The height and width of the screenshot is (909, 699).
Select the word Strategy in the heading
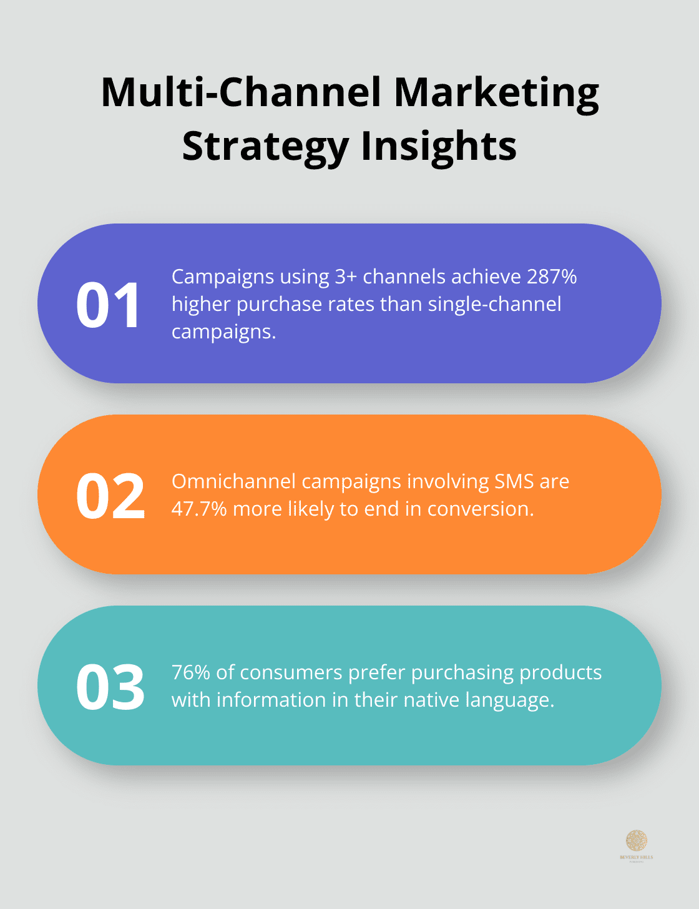click(265, 147)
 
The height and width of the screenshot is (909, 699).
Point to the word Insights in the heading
click(439, 147)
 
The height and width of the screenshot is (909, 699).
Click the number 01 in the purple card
click(109, 305)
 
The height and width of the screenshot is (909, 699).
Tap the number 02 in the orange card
click(110, 496)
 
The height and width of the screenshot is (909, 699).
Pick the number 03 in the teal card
click(110, 687)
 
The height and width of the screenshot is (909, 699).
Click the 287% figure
click(552, 277)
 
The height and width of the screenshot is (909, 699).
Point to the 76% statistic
click(190, 672)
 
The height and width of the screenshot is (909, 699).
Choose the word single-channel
click(494, 304)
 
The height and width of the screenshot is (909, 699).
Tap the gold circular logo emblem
click(637, 840)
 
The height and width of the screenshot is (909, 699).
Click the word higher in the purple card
click(201, 304)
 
